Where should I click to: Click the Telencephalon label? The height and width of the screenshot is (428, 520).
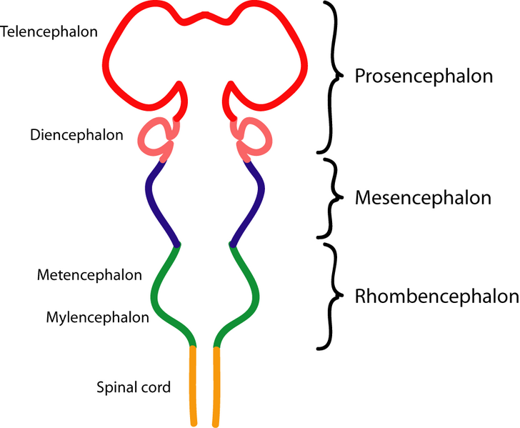pos(49,32)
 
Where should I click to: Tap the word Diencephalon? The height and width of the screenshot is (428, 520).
pos(76,134)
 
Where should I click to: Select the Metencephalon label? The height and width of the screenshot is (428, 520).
pos(89,274)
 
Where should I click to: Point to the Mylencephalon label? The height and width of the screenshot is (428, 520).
pos(98,317)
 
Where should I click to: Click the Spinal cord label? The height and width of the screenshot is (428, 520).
pos(134,388)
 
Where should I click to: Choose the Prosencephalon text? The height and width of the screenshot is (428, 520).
pos(424,76)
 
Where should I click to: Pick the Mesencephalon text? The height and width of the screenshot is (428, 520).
pos(423,198)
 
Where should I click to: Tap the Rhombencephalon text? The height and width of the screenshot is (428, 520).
pos(436,297)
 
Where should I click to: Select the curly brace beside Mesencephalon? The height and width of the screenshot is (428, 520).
pos(331,198)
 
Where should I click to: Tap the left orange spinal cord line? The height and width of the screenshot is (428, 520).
pos(193,386)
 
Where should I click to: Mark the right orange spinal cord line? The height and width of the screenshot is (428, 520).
pos(215,386)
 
